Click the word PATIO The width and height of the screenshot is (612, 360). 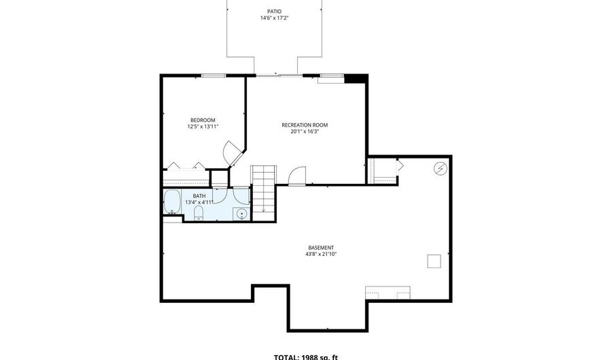click(273, 12)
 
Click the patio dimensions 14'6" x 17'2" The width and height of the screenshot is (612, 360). click(273, 18)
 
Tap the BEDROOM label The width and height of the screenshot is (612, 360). click(203, 120)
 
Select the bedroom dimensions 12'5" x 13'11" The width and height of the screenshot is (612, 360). click(203, 127)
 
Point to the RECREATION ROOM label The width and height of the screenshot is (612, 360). click(305, 125)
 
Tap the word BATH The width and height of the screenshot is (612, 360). click(199, 195)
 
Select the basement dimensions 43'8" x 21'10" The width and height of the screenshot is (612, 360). click(321, 254)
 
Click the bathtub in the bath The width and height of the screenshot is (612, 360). click(173, 202)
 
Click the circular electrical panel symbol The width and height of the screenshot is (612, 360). click(440, 167)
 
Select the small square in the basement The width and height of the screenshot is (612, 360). click(434, 261)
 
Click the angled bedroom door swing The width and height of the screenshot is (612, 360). click(233, 153)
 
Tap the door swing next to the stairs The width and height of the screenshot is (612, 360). click(297, 176)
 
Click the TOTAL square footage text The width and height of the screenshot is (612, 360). click(305, 356)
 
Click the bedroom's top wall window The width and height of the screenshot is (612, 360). click(213, 76)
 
